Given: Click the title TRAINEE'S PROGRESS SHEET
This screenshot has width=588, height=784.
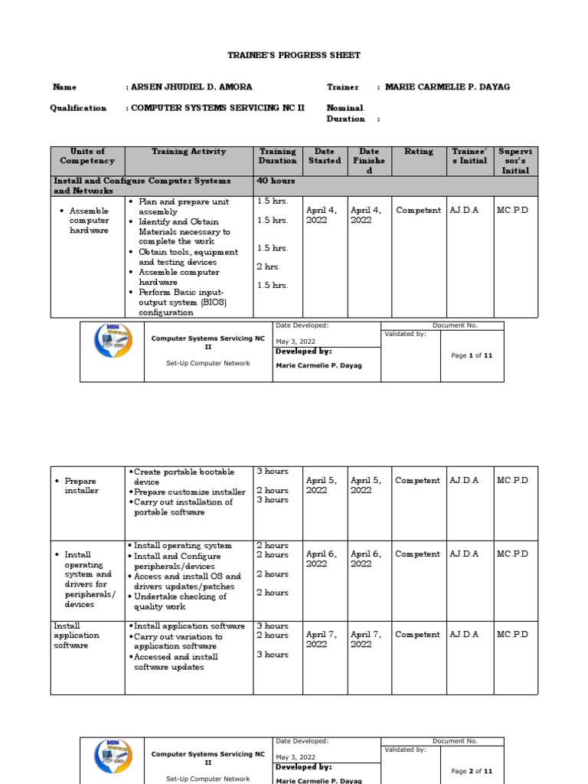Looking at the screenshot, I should [x=294, y=56].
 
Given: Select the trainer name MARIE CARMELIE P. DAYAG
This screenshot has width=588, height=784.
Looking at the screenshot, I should [x=447, y=87].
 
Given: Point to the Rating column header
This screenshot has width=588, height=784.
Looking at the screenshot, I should [x=418, y=152].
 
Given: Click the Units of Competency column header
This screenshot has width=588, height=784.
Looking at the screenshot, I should [x=87, y=156].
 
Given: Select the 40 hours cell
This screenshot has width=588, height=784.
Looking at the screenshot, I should [x=276, y=181].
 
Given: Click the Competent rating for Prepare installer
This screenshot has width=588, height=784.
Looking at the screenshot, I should [x=417, y=481].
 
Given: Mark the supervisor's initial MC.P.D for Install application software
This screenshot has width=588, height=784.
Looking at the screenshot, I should [x=512, y=635].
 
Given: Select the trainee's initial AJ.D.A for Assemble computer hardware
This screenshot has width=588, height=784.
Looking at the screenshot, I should [x=464, y=211].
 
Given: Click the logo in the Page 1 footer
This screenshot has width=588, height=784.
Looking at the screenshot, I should [x=113, y=341].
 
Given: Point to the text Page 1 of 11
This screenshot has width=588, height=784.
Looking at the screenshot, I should [x=472, y=356].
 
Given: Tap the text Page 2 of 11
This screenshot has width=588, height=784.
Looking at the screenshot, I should [x=472, y=771].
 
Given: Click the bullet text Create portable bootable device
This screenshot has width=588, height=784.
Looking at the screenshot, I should [x=184, y=477].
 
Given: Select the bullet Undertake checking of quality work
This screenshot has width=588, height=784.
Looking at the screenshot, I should [x=180, y=602].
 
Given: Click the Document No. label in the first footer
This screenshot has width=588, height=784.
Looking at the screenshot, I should [x=455, y=325].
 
